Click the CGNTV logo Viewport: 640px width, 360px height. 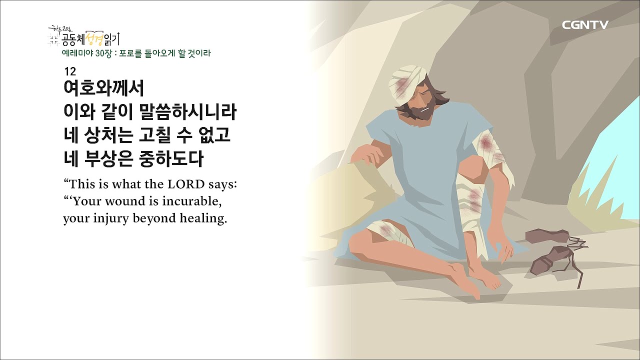point(585,25)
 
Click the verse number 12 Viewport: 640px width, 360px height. point(69,71)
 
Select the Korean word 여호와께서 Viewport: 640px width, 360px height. point(104,89)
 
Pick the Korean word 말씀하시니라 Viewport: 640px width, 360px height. point(189,112)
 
